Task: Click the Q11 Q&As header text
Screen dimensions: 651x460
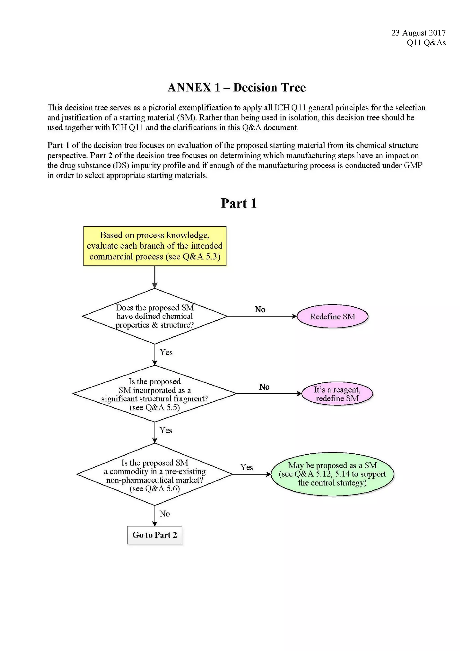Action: pyautogui.click(x=426, y=42)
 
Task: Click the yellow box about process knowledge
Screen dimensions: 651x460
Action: pyautogui.click(x=155, y=246)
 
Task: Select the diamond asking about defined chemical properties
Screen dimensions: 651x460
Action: pyautogui.click(x=155, y=316)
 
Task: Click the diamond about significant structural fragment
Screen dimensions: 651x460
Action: pyautogui.click(x=155, y=394)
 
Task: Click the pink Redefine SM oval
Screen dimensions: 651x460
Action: pyautogui.click(x=332, y=317)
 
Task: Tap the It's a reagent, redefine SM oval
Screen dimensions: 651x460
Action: pyautogui.click(x=337, y=394)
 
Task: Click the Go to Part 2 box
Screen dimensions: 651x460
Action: pyautogui.click(x=155, y=535)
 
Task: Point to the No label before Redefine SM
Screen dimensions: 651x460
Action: pyautogui.click(x=260, y=309)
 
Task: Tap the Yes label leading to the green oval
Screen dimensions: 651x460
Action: pyautogui.click(x=246, y=467)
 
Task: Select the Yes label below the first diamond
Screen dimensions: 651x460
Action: pyautogui.click(x=166, y=352)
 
